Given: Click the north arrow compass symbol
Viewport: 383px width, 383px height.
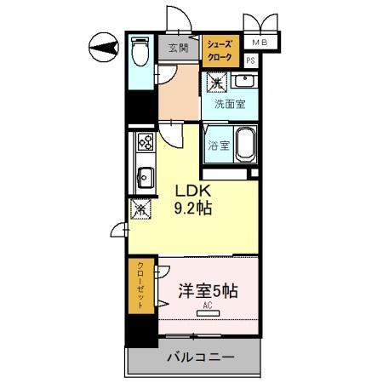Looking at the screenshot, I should (x=103, y=46).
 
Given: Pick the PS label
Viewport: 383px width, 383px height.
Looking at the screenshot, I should (x=250, y=61).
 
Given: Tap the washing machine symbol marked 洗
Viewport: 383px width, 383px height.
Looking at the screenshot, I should (x=217, y=83).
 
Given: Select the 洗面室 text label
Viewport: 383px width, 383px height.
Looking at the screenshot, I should (x=229, y=106).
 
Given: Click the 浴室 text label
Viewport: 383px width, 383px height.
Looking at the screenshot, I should (x=219, y=145).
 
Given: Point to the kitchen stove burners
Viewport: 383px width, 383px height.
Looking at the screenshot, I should (x=144, y=143).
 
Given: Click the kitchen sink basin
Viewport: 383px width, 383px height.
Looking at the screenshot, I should (x=144, y=178).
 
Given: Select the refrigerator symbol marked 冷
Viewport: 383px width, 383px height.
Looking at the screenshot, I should (x=139, y=208).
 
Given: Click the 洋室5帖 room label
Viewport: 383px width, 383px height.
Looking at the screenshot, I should (x=208, y=290).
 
